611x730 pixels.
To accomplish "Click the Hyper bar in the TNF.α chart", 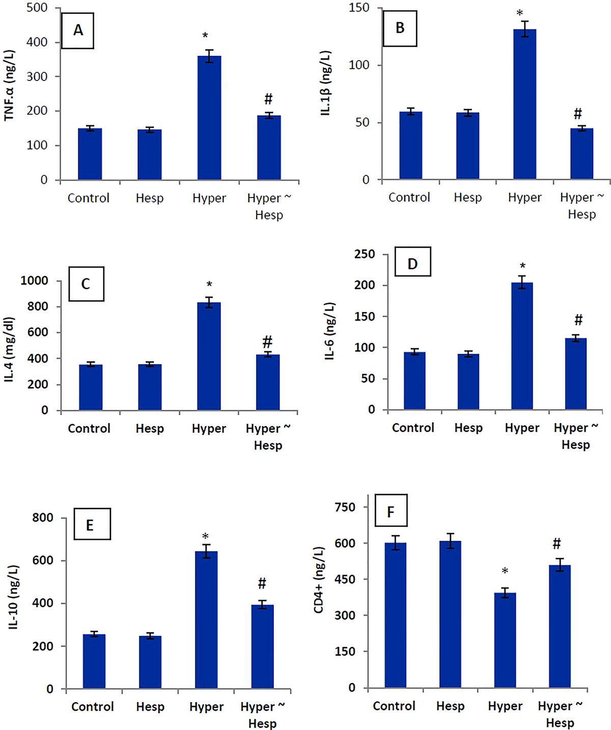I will tap(209, 118).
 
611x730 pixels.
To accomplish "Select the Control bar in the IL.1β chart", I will tap(410, 146).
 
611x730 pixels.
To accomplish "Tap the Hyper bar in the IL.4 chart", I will tap(209, 356).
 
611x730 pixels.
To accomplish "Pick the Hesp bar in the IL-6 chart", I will tap(468, 382).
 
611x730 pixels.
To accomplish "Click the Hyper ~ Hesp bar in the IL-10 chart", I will tap(262, 647).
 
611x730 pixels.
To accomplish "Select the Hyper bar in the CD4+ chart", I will tap(505, 640).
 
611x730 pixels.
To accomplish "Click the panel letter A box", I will tap(77, 31).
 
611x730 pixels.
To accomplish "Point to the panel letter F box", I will tap(391, 510).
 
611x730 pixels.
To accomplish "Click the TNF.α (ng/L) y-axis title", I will tap(10, 86).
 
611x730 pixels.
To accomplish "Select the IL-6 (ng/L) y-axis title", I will tap(330, 331).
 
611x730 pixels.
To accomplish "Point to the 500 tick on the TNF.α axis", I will tap(37, 8).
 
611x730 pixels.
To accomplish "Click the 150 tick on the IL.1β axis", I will tap(359, 8).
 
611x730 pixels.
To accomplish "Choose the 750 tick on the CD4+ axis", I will tap(345, 507).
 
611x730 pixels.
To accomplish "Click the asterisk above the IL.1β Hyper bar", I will tap(520, 13).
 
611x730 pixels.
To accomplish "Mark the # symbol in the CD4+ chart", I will tap(557, 544).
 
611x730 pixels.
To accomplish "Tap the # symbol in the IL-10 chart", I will tap(262, 583).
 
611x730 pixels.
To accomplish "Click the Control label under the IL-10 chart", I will tap(93, 707).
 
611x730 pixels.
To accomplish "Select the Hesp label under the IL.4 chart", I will tap(150, 429).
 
